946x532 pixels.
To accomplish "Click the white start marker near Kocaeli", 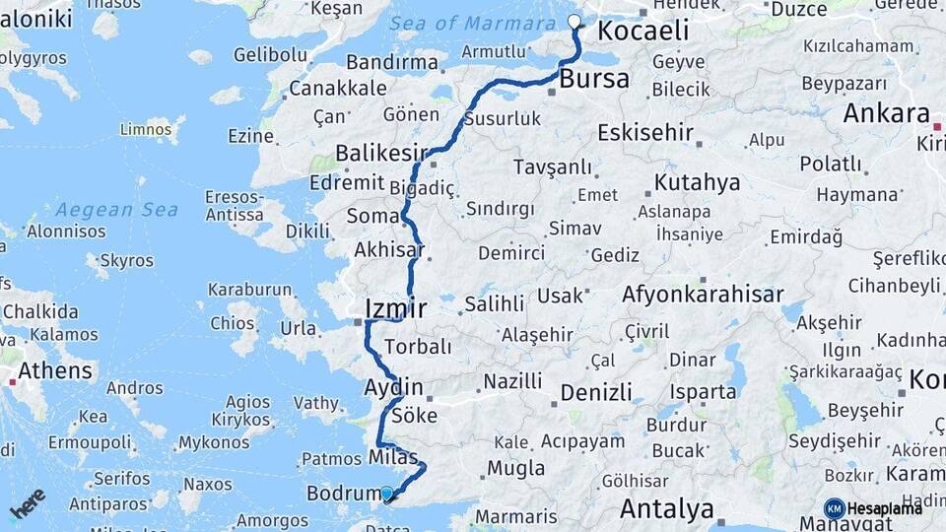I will [x=574, y=21].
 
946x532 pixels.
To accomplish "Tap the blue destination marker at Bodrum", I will [x=386, y=494].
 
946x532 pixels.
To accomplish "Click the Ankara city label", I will [x=886, y=112].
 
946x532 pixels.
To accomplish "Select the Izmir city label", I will [x=395, y=308].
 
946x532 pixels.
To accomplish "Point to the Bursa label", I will [x=594, y=79].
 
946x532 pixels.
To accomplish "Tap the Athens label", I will [x=55, y=371].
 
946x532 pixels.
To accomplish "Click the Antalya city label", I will [x=666, y=509].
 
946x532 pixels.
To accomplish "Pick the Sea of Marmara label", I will [x=472, y=24].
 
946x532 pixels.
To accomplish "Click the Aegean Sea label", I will [x=117, y=210].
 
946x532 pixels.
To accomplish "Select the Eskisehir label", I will [x=645, y=132].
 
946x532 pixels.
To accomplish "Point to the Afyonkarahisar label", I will [x=703, y=294].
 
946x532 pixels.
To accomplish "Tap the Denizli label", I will [x=596, y=392].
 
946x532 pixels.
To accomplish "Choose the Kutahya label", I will [x=697, y=182].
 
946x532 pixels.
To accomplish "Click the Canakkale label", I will [x=338, y=88].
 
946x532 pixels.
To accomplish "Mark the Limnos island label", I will [x=145, y=129].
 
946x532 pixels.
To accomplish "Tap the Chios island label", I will [x=233, y=323].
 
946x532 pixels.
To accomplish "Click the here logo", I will [x=28, y=504].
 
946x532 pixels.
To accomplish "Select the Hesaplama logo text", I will [x=884, y=508].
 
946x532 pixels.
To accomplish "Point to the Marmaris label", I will [x=516, y=516].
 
